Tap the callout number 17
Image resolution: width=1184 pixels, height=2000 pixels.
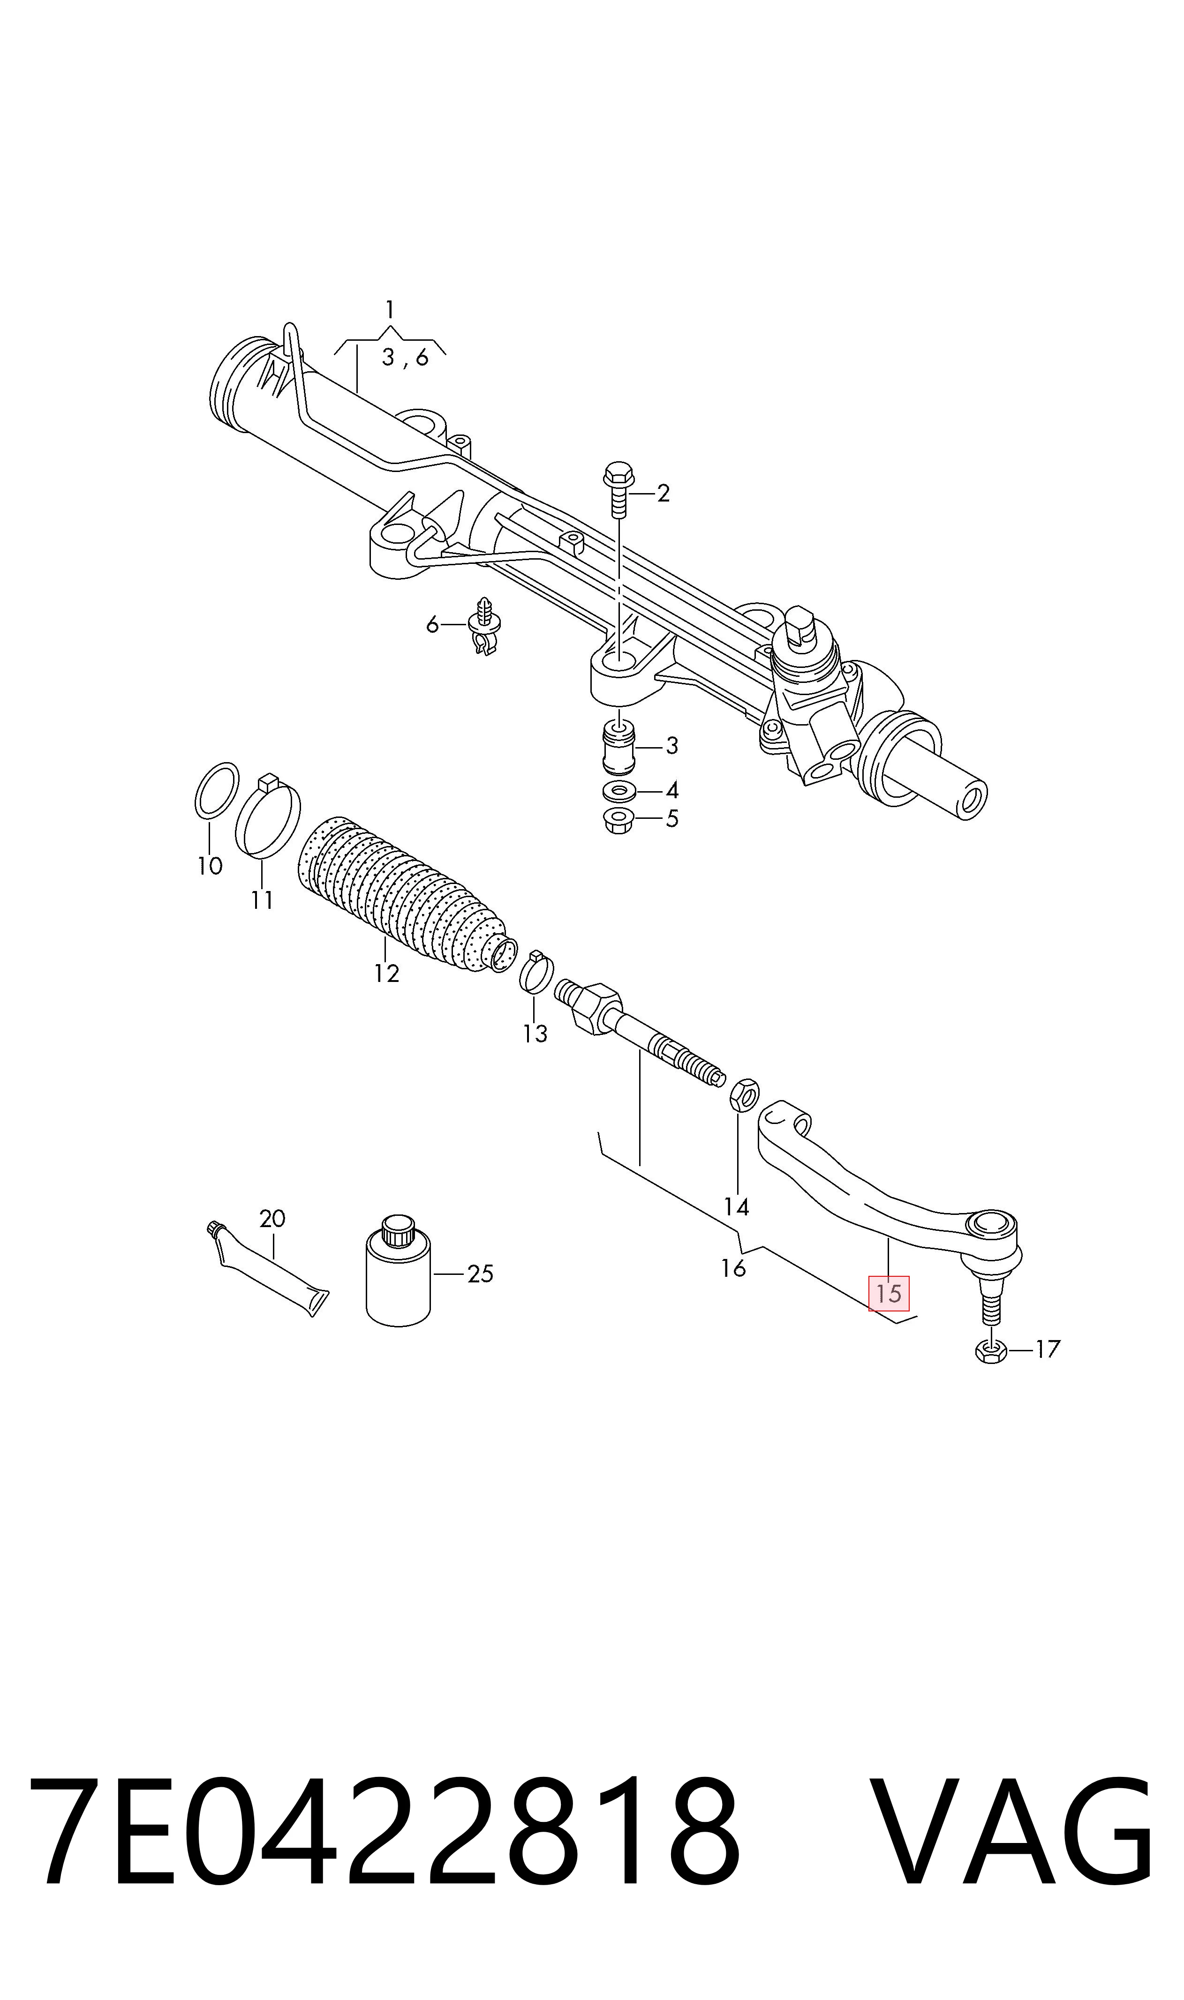click(1048, 1349)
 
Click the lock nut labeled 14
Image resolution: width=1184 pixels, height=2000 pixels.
click(744, 1095)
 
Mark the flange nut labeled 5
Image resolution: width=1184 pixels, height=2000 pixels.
click(619, 820)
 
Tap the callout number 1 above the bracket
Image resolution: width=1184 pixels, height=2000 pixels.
click(389, 308)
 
